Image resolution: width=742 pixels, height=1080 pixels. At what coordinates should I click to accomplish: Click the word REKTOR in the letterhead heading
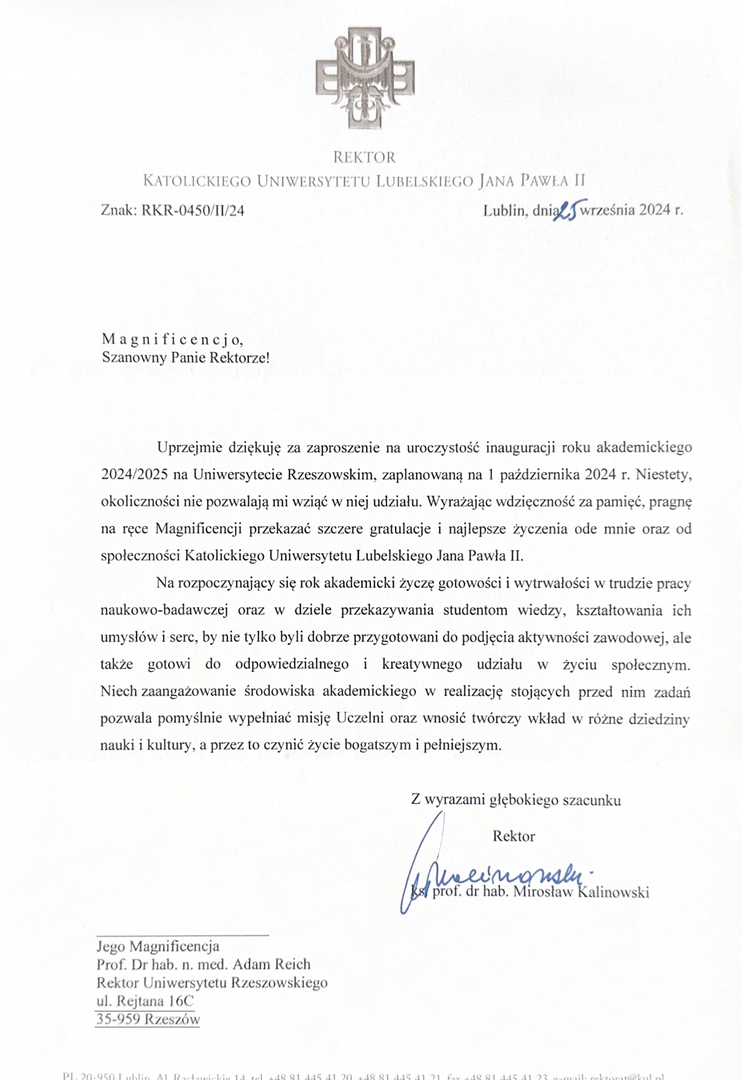click(x=364, y=157)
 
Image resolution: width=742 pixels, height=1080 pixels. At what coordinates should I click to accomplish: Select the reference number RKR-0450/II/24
click(x=193, y=210)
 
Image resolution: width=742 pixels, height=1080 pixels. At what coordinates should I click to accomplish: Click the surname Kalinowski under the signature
click(x=616, y=892)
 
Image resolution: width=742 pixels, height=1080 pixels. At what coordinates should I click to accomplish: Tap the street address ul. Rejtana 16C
click(x=145, y=1001)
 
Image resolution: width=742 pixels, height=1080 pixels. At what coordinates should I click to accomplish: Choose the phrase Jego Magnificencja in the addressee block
click(x=158, y=946)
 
